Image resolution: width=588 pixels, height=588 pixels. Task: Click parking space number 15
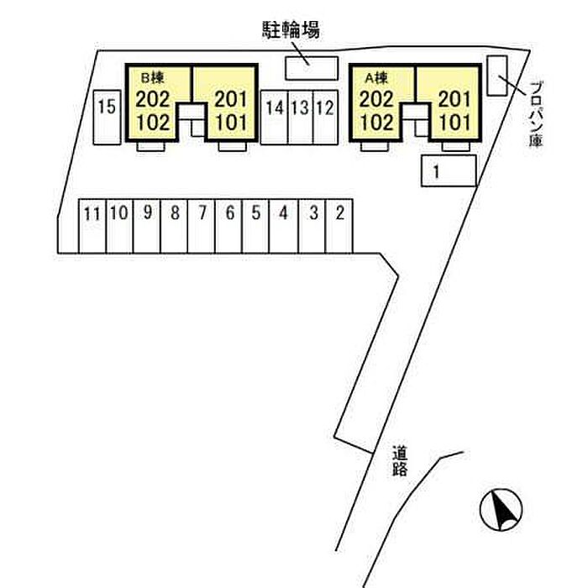107,118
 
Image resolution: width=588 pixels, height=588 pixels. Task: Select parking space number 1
449,171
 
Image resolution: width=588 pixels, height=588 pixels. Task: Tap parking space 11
92,227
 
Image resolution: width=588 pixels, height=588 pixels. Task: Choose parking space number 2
339,227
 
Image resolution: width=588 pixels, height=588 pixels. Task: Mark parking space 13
301,118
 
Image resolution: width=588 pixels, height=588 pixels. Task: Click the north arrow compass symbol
501,510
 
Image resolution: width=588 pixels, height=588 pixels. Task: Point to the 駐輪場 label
291,29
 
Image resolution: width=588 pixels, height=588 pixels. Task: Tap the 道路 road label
399,460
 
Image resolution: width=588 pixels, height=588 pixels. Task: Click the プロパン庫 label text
537,113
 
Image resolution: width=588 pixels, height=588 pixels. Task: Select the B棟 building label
152,78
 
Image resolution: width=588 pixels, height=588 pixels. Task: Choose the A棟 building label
376,78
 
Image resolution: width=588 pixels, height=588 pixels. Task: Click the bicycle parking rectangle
312,68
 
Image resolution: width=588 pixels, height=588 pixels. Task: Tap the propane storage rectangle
497,76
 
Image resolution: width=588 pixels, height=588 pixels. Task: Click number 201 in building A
455,99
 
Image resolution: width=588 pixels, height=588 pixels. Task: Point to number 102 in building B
153,123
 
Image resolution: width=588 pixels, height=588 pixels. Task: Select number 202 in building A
376,99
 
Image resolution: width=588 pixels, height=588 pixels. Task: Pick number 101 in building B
231,123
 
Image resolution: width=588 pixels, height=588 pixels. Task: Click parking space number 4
284,227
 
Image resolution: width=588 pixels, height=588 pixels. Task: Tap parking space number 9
147,227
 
